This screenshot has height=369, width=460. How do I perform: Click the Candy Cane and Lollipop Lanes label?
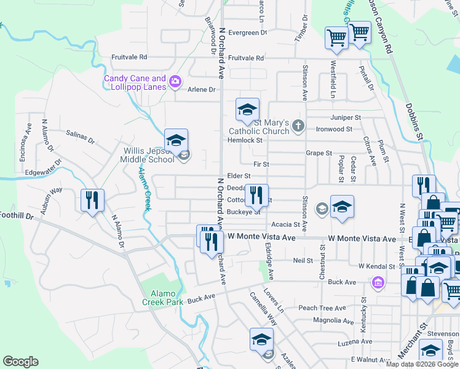[x=135, y=82]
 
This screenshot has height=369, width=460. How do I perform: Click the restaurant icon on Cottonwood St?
[x=256, y=195]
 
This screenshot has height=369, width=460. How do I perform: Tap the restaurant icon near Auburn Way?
[x=92, y=199]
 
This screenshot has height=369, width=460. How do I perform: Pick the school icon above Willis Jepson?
[x=176, y=140]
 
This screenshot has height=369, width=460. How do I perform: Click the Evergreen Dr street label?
[x=248, y=33]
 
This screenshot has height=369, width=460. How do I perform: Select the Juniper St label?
[x=345, y=117]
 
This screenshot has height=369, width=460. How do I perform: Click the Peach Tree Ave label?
[x=322, y=308]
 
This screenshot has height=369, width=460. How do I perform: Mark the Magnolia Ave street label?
[x=333, y=320]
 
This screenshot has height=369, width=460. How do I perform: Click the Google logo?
[x=21, y=362]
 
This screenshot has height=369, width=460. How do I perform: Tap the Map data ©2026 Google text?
[x=422, y=364]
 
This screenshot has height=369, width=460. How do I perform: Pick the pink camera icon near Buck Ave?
[x=378, y=282]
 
